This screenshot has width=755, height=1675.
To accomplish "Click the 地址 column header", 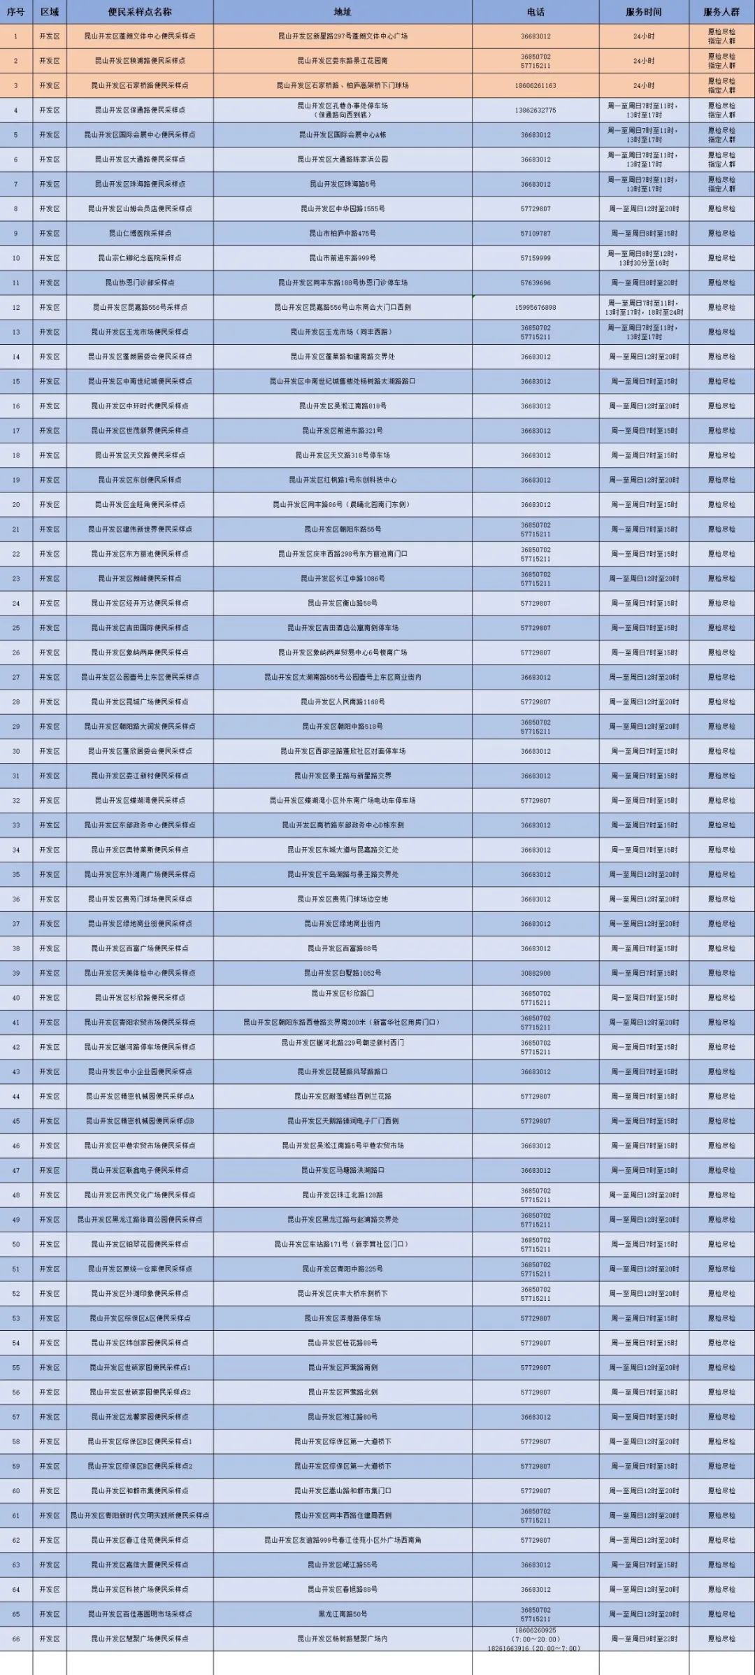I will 343,12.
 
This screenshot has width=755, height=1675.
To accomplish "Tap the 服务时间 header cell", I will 643,12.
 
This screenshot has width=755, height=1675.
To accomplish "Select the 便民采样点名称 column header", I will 140,12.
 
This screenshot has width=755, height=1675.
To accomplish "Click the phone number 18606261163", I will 535,85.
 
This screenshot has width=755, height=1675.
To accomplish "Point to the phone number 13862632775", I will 535,111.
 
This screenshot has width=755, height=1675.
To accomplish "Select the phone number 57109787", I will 535,234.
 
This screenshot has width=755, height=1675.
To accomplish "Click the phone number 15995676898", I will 535,308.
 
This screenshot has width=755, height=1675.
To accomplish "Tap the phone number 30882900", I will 535,973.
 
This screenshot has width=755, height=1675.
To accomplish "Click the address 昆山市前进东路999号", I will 343,258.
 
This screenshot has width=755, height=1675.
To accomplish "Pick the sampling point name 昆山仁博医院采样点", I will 140,234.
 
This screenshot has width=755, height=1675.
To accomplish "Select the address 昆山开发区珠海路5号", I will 343,184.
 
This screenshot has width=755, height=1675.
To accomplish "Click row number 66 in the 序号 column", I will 16,1638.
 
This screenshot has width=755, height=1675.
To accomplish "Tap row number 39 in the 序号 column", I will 16,973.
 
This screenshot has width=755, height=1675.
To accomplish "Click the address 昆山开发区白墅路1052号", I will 343,973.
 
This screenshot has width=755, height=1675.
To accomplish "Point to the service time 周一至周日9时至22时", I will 643,1639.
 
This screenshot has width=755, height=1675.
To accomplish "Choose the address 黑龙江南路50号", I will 343,1613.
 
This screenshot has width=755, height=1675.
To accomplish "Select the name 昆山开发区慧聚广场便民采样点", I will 140,1638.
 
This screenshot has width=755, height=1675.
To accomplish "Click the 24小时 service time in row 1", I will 643,36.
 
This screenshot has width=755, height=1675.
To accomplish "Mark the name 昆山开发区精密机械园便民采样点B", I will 140,1120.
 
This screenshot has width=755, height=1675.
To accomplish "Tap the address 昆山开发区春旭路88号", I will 343,1589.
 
